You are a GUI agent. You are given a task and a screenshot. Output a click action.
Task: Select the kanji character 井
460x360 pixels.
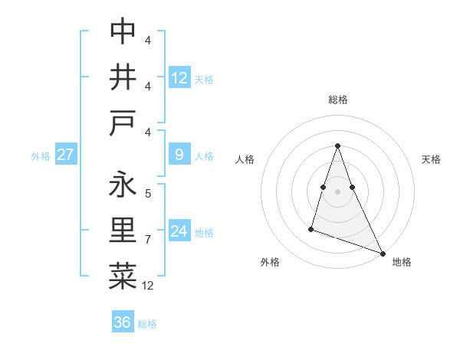(x=123, y=77)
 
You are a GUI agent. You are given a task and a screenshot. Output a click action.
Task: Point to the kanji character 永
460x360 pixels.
(x=123, y=185)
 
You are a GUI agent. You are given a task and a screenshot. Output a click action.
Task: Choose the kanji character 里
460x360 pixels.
(x=123, y=231)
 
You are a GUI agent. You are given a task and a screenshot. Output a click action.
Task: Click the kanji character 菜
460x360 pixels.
(x=123, y=277)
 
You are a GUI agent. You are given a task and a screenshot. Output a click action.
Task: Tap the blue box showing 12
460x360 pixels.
(x=179, y=77)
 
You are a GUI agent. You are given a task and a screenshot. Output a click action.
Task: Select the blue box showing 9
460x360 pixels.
(x=179, y=155)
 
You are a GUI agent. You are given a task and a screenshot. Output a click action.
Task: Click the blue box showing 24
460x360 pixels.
(x=179, y=231)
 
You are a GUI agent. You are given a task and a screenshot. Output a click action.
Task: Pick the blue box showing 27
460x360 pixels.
(x=65, y=155)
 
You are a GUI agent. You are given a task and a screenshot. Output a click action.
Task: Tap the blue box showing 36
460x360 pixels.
(x=123, y=322)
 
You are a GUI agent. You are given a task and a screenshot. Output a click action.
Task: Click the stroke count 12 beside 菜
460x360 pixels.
(x=148, y=286)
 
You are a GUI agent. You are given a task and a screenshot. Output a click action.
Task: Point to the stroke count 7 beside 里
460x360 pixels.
(x=148, y=240)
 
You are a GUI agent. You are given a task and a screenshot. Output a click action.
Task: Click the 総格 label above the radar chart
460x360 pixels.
(x=338, y=100)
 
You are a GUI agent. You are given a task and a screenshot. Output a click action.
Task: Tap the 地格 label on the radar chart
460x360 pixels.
(x=402, y=262)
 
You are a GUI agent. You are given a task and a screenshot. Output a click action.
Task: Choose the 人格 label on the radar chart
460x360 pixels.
(x=245, y=159)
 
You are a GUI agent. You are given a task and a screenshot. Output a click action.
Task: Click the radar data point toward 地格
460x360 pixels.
(x=383, y=253)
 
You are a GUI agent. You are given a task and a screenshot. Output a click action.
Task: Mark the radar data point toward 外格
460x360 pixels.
(x=311, y=228)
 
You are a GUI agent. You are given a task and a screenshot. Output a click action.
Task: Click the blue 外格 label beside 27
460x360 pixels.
(x=41, y=155)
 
